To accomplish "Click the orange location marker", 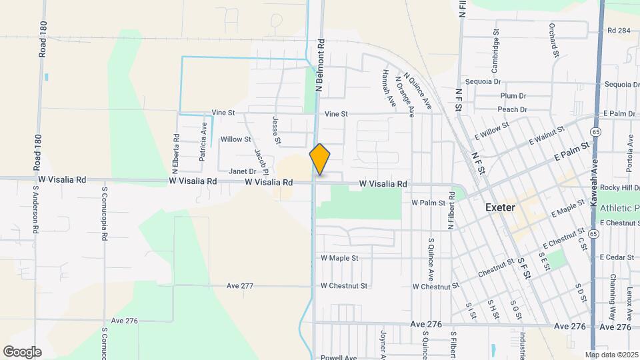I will (320, 159).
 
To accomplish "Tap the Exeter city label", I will (500, 207).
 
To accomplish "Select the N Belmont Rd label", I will (321, 63).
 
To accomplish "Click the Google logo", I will (22, 352).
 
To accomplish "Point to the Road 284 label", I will (619, 31).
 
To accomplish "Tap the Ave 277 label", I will (240, 285).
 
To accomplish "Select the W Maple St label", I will (339, 257).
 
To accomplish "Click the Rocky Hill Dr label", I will (619, 187).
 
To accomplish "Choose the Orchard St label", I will (553, 40).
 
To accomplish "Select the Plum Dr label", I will (513, 96).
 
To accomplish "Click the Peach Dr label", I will (512, 109).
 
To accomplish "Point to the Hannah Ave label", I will (386, 87).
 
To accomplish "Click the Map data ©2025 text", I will (611, 355).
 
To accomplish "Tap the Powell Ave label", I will (339, 357).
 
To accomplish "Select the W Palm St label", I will (428, 202).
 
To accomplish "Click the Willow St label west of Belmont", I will (235, 140).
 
